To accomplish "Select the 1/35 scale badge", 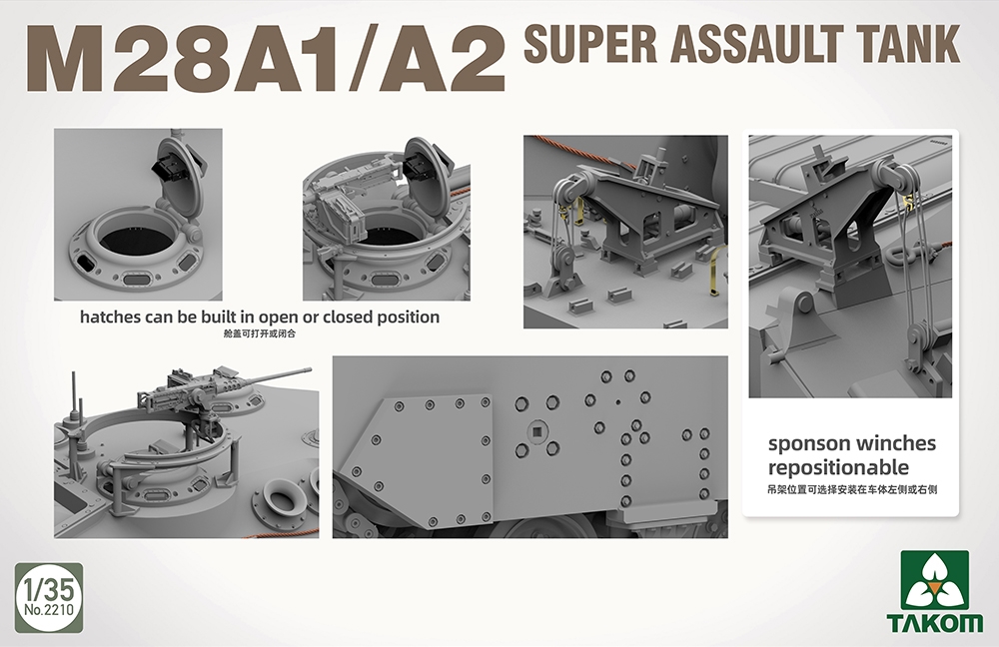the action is coord(49,597).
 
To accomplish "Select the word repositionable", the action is coord(838,467).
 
